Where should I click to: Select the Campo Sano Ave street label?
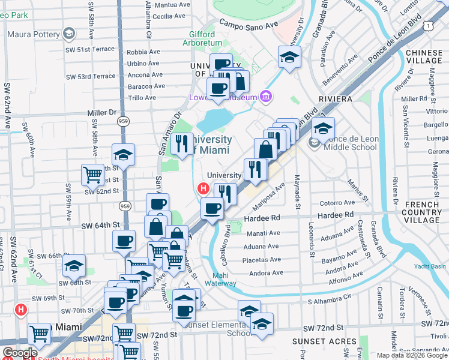click(x=250, y=25)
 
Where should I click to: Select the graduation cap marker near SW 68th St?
click(x=74, y=265)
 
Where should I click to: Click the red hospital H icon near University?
click(x=203, y=189)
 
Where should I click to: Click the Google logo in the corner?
click(x=20, y=353)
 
